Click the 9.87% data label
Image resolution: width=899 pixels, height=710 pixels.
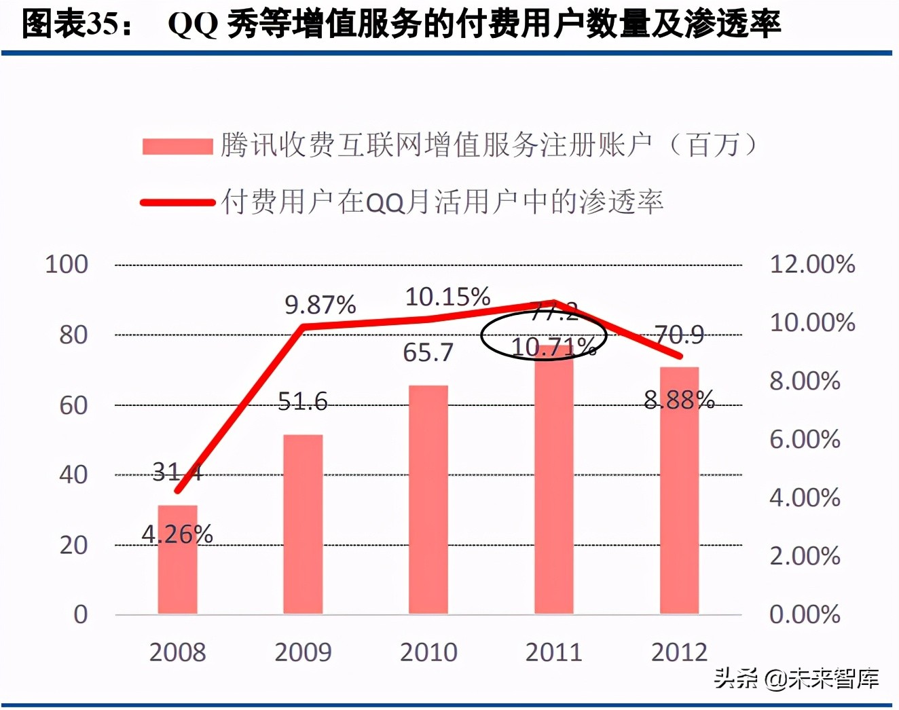[320, 305]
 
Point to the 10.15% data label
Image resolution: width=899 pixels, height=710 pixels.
[447, 297]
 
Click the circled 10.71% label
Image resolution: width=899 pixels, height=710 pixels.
[553, 347]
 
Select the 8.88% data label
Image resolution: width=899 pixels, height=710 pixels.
[679, 400]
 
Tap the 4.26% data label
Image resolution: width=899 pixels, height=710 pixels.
[177, 535]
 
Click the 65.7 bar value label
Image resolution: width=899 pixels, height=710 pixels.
[428, 352]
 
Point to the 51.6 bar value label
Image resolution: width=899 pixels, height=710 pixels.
[303, 402]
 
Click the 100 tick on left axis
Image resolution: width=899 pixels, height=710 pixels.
[67, 264]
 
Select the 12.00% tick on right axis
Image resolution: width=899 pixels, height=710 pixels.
[812, 264]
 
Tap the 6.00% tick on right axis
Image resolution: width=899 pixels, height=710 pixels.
[805, 439]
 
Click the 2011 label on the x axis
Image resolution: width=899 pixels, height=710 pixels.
[554, 652]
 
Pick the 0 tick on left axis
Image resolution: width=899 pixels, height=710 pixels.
[81, 614]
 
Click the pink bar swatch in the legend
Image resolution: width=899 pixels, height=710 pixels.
[177, 146]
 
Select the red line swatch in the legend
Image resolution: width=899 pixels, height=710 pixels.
[177, 202]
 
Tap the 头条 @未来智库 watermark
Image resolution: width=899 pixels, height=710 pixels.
[796, 678]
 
